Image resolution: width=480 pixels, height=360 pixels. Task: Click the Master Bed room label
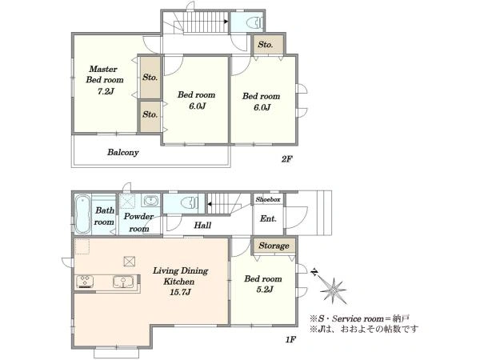coord(104,74)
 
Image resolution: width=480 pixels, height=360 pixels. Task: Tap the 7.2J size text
coord(106,91)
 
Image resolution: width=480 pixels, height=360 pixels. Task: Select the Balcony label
coord(122,152)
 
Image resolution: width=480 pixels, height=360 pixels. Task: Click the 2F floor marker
coord(287,159)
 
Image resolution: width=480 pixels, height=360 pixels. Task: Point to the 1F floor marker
coord(290,339)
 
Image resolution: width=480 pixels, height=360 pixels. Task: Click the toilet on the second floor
coord(254,22)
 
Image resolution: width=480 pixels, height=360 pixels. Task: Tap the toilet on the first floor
coord(190,203)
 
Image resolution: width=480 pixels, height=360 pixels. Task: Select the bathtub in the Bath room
coord(82,214)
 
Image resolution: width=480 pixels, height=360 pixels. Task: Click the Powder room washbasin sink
coord(150,201)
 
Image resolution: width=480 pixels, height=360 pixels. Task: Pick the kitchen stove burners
coord(85,282)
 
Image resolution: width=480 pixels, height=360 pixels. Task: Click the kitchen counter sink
coord(122,282)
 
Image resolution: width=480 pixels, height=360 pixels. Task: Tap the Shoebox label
coord(268,199)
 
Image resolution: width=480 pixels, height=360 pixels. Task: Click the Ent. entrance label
coord(268,218)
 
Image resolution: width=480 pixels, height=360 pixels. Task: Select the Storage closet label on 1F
coord(274,246)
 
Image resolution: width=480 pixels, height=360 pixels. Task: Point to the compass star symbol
coord(333,290)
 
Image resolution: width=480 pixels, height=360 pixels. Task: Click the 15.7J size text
coord(180,292)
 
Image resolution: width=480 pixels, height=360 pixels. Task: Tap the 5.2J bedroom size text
coord(265,290)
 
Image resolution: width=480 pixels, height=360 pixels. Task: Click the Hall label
coord(202,226)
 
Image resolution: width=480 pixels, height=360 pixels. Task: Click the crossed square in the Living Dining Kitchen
coord(129,261)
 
